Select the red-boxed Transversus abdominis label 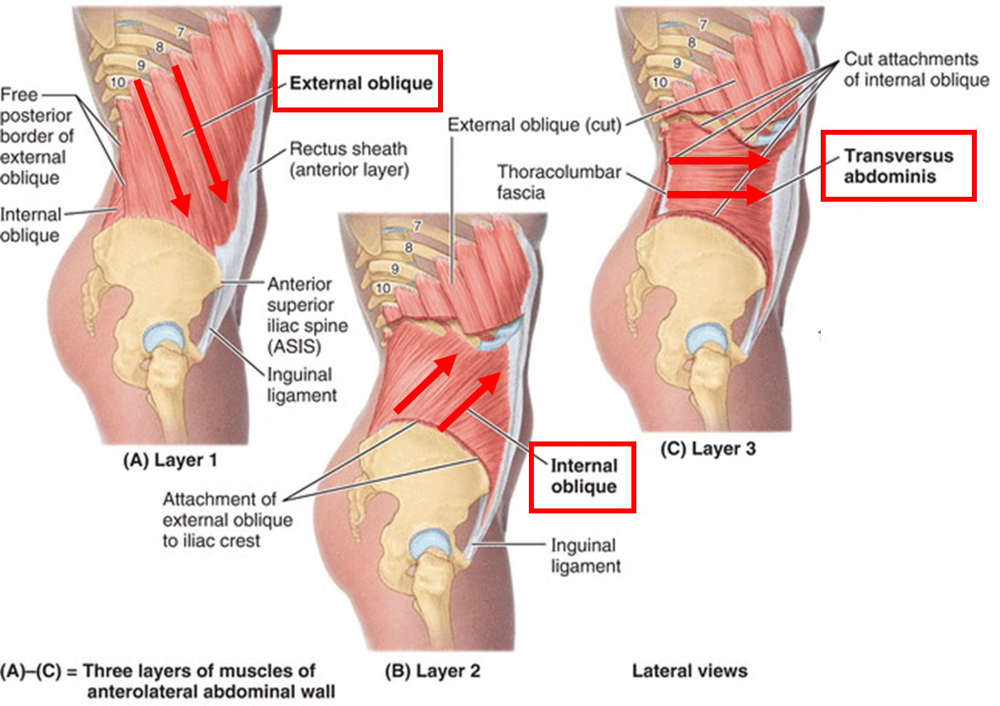click(898, 165)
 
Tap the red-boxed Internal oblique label click(583, 475)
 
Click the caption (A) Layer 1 click(170, 460)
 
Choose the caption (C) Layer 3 click(708, 449)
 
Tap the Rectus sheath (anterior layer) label click(348, 160)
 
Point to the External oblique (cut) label click(534, 125)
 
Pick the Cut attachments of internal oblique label click(916, 70)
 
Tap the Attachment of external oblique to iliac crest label click(227, 520)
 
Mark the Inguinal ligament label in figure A click(302, 384)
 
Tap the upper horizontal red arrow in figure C click(719, 161)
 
